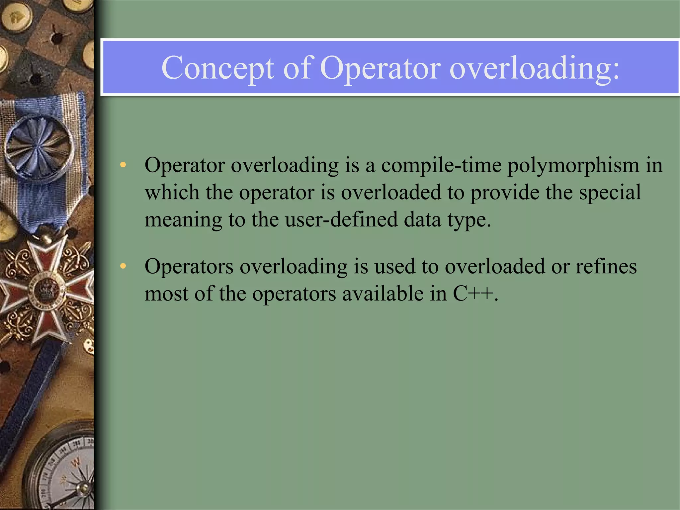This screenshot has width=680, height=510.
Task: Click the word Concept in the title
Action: click(217, 68)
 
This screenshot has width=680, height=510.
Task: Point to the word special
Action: click(610, 193)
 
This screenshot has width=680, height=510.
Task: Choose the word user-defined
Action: click(341, 220)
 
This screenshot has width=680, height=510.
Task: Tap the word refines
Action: click(606, 266)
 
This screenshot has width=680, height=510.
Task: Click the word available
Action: click(383, 294)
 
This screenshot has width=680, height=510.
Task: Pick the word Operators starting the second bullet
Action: click(189, 266)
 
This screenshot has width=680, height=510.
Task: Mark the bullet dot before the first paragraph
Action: click(123, 165)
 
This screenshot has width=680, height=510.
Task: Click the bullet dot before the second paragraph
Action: click(123, 266)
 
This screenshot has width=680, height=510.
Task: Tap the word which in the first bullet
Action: click(172, 193)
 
